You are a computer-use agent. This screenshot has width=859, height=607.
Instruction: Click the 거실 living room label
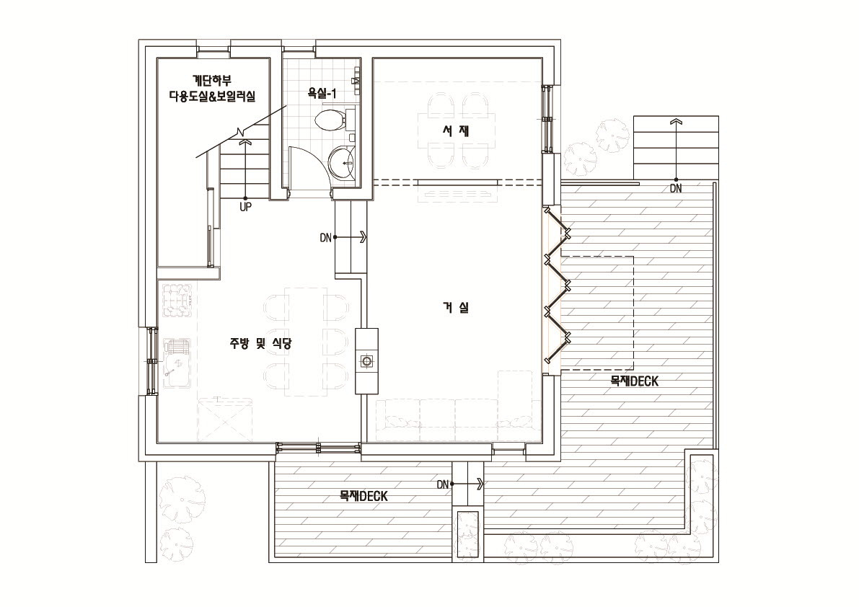456,308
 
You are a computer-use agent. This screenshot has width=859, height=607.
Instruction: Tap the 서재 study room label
456,130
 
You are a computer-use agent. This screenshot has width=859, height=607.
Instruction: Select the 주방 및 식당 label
260,343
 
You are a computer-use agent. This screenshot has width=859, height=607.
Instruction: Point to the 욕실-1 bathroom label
322,94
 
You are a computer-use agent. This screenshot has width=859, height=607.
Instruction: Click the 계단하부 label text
212,81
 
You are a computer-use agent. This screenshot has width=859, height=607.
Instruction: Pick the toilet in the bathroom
330,120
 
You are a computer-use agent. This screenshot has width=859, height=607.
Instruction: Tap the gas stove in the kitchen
177,300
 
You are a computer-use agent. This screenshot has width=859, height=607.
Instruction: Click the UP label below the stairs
245,208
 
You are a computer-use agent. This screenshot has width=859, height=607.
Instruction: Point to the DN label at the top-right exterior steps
676,189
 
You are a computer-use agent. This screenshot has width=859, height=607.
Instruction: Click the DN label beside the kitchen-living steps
325,238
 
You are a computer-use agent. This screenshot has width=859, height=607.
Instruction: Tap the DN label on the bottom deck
443,484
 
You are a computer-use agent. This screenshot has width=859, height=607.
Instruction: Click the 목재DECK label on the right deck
635,381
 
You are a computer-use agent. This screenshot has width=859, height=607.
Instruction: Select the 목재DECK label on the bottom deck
364,496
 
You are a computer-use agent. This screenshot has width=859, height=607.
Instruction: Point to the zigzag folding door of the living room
558,284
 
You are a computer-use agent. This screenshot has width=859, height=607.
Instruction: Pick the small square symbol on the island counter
366,360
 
